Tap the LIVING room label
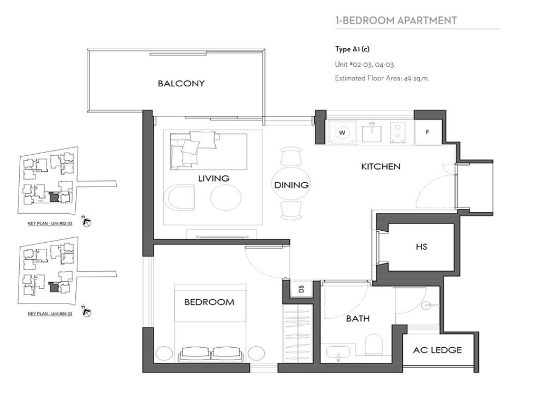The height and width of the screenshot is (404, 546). (213, 178)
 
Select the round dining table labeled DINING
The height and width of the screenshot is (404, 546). (291, 185)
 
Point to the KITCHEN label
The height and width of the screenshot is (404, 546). (381, 166)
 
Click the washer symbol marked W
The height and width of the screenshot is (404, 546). (343, 132)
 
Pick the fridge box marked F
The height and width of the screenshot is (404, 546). (427, 132)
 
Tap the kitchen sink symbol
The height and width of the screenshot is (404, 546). (372, 131)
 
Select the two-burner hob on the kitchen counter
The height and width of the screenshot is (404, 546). (399, 132)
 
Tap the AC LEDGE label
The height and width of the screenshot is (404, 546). (437, 350)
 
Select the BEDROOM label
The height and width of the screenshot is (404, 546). (209, 302)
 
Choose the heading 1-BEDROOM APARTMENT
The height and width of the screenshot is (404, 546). (396, 21)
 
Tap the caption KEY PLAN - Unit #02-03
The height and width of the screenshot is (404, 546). (50, 224)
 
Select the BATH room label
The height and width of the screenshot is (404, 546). (358, 318)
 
